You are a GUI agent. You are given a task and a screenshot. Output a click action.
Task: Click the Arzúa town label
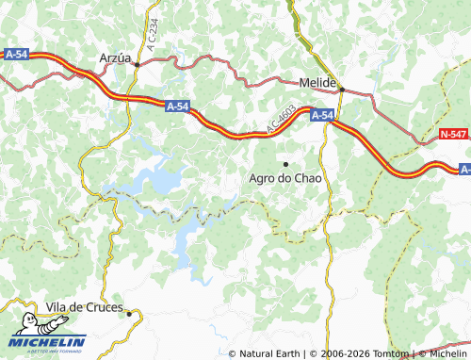pos(115,57)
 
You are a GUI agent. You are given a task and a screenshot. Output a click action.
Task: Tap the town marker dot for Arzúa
pos(137,64)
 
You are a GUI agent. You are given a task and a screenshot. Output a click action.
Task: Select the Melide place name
pos(318,82)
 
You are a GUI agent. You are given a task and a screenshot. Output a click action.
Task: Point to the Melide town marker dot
pos(342,90)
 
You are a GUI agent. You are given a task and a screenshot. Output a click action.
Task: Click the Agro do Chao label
pos(285,178)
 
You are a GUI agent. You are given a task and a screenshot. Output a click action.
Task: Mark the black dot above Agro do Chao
pos(285,164)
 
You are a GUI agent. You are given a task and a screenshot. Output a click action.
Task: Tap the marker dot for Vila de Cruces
pos(130,314)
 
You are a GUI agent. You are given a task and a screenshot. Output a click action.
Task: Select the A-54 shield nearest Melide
pos(321,116)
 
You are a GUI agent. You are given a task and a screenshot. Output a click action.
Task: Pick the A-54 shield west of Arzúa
pos(14,56)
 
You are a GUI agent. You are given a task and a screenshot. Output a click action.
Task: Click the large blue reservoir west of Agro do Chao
pos(155,179)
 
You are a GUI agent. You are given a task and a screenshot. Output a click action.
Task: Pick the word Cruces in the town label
pos(105,307)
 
